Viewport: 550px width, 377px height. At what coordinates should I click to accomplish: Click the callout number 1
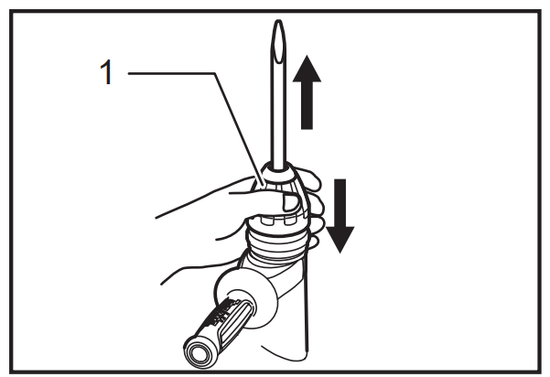[106, 71]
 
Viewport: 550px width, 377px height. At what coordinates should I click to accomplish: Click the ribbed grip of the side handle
[229, 320]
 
